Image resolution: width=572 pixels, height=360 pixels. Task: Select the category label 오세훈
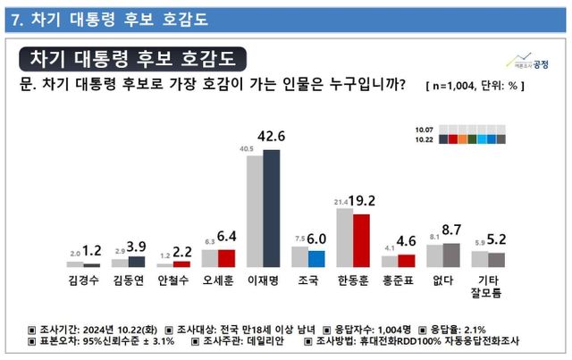(x=218, y=280)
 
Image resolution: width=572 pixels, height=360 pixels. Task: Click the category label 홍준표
(x=398, y=280)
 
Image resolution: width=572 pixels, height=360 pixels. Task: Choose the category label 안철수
(x=172, y=280)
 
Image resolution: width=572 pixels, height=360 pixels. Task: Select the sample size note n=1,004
(x=466, y=85)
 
